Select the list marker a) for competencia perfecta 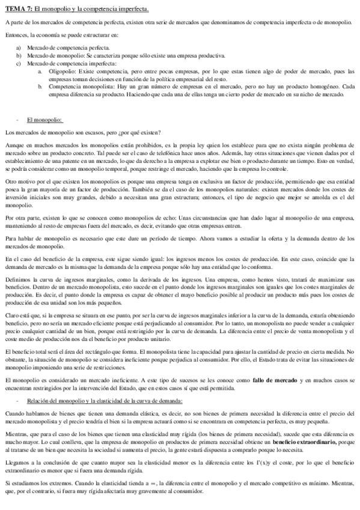tap(18, 47)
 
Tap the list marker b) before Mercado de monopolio tap(18, 55)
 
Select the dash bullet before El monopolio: tap(18, 120)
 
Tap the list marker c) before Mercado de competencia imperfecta tap(18, 63)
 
